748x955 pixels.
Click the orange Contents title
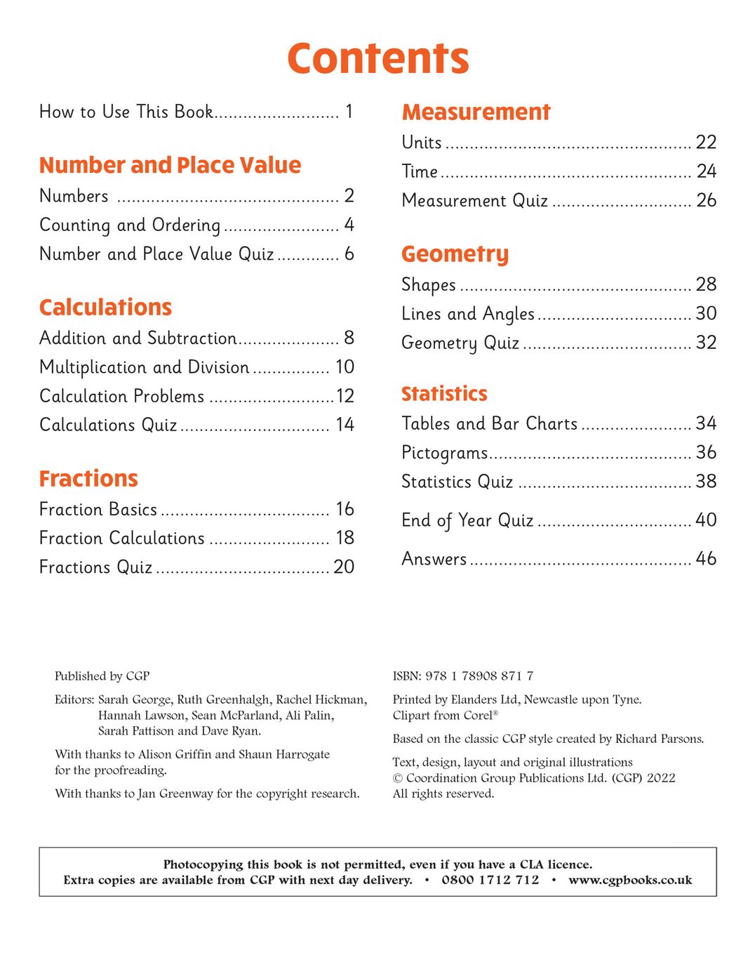(x=378, y=58)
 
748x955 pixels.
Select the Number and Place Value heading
(x=170, y=165)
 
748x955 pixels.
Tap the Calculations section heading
(x=105, y=308)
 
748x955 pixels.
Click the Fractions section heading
(x=88, y=479)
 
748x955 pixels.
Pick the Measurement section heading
(x=476, y=112)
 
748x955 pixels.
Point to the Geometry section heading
(x=455, y=254)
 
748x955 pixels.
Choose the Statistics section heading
(x=444, y=394)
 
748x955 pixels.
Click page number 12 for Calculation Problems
(x=345, y=396)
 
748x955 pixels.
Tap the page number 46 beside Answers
(x=705, y=559)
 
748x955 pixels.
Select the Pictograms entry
(x=444, y=453)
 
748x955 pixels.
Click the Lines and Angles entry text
(x=468, y=314)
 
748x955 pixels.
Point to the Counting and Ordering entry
(x=130, y=225)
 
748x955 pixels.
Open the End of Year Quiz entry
(x=467, y=520)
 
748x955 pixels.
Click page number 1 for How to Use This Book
(x=349, y=112)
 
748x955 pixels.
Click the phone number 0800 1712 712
(x=490, y=880)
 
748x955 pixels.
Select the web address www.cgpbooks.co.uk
(x=629, y=880)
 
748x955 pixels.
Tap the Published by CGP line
(x=102, y=676)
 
